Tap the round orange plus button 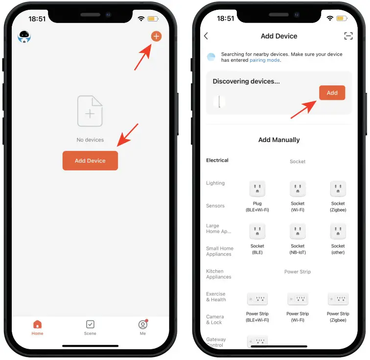(x=156, y=36)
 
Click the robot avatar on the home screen (x=24, y=37)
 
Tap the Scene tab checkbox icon (x=90, y=324)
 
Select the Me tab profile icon (x=143, y=325)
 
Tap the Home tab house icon (x=37, y=324)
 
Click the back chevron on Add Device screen (x=206, y=36)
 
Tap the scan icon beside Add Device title (x=348, y=36)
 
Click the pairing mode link (x=265, y=60)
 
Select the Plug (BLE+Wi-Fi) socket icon (x=257, y=189)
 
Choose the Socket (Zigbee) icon (x=338, y=189)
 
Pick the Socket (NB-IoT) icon (x=298, y=231)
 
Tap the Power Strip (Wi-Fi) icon (x=298, y=299)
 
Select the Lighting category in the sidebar (x=215, y=183)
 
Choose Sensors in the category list (x=215, y=206)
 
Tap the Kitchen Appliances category (x=218, y=274)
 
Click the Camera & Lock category (x=215, y=319)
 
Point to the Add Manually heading (x=279, y=140)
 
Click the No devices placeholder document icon (x=90, y=111)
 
